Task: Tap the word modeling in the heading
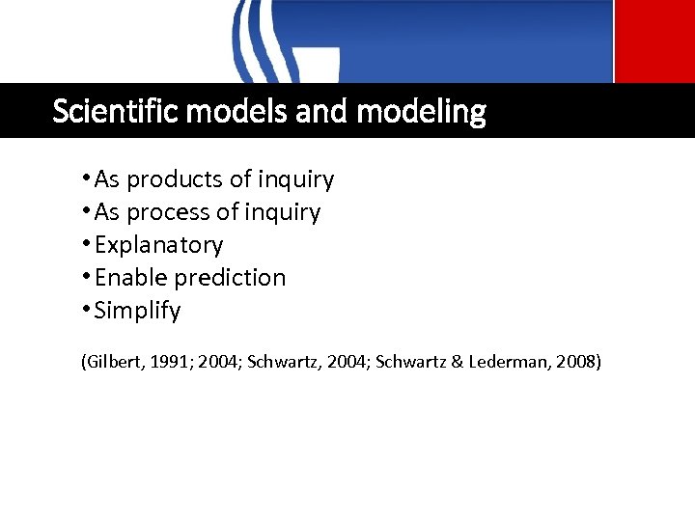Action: click(x=421, y=112)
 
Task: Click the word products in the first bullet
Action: click(x=174, y=179)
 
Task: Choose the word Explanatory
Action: click(x=158, y=245)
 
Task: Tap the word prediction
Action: click(x=230, y=278)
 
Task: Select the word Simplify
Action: click(x=137, y=311)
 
